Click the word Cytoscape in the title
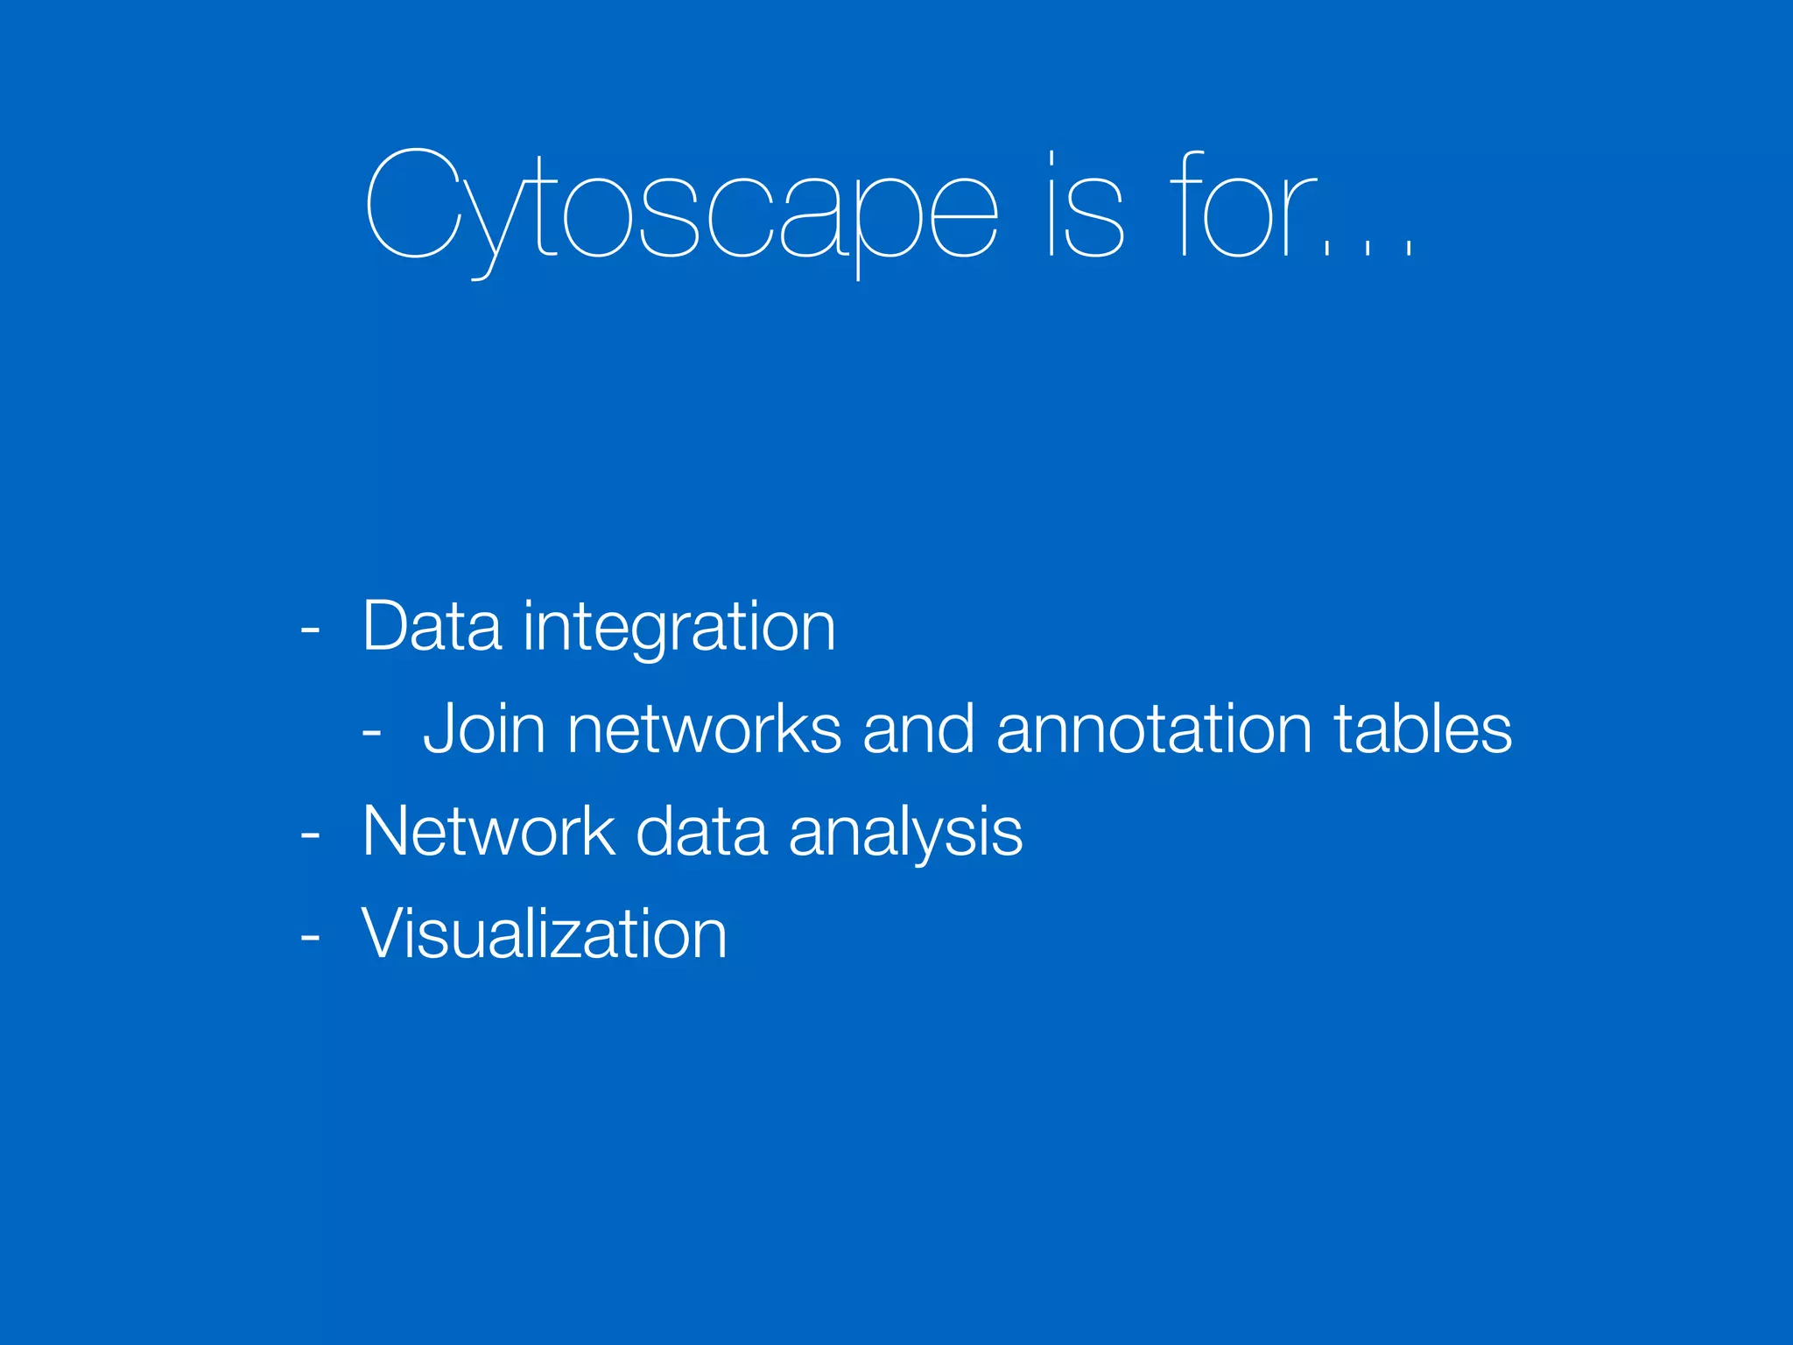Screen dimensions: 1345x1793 point(681,207)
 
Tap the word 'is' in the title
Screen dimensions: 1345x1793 point(1086,207)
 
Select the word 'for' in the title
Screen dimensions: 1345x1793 point(1243,207)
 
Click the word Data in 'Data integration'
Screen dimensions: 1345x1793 point(432,627)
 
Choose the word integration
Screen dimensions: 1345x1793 point(679,629)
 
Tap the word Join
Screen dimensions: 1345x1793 point(484,729)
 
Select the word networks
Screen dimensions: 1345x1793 point(704,729)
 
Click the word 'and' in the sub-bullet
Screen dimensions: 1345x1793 point(918,729)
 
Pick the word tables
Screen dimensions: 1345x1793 point(1423,729)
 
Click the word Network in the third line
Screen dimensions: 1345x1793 point(489,831)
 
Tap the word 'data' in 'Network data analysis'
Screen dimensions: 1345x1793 point(701,831)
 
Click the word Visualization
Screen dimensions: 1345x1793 point(544,933)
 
